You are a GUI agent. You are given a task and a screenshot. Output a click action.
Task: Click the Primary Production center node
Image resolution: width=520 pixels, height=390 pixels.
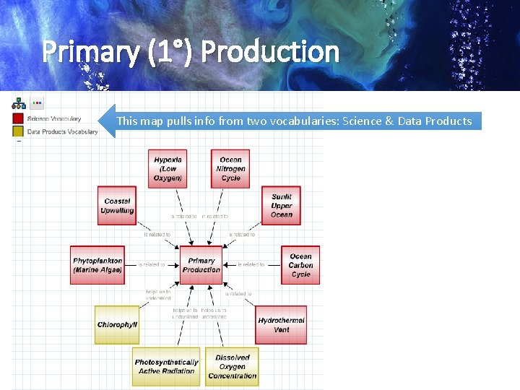pos(201,265)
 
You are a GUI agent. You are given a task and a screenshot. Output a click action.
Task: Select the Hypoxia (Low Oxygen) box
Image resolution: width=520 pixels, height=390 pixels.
pos(168,168)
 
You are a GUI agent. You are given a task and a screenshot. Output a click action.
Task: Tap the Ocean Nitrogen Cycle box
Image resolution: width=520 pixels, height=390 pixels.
pos(230,168)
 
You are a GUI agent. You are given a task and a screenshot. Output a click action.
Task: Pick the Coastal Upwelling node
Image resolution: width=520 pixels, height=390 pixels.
pos(117,206)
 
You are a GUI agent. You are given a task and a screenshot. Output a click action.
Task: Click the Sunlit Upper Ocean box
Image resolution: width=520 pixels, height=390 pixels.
pos(281,206)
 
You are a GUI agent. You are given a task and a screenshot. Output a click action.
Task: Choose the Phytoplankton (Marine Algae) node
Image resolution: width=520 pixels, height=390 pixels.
pos(97,265)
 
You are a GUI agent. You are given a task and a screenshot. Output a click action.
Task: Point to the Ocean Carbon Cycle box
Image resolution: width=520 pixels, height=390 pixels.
pos(300,265)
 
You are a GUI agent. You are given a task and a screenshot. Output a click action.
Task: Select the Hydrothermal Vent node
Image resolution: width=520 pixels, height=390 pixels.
pos(281,325)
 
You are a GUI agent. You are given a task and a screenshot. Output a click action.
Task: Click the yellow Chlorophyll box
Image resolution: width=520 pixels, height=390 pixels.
pos(117,325)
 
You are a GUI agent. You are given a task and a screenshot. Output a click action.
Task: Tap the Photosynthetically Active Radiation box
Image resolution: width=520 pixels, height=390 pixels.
pos(166,366)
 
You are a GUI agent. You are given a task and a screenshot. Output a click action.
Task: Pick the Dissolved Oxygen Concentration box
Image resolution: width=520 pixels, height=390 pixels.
pos(232,366)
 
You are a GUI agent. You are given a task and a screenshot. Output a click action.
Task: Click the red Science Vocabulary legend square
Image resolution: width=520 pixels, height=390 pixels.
pos(18,118)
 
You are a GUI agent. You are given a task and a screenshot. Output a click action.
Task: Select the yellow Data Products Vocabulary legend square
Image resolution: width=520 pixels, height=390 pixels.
pos(18,131)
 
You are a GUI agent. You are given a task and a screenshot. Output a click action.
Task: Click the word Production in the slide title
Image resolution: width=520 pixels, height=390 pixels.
pos(269,52)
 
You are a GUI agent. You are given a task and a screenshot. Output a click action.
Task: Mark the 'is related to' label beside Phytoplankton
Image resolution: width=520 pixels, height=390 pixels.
pos(152,265)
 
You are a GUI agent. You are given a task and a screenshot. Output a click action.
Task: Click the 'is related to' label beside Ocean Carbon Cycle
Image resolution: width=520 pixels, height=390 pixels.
pos(251,265)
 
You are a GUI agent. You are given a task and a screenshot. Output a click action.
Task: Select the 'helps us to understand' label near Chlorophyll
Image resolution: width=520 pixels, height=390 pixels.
pos(158,295)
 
